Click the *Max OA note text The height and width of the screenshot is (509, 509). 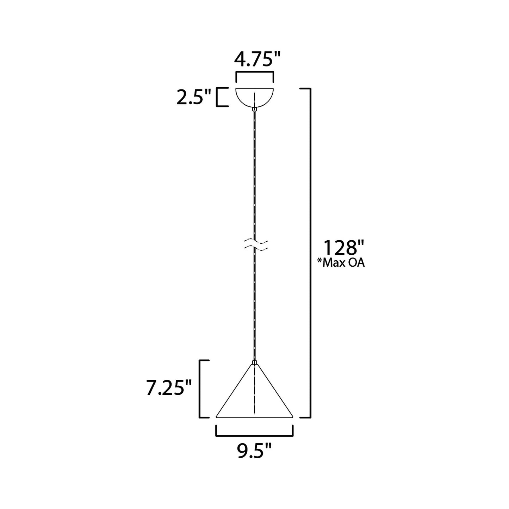click(x=341, y=263)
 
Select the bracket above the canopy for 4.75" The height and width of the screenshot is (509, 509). click(x=254, y=73)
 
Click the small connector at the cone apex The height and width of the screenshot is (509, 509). click(x=254, y=362)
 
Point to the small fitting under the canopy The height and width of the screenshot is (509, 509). click(x=254, y=110)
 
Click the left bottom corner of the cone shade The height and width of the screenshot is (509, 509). click(x=217, y=417)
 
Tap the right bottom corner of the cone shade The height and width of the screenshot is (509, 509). click(x=292, y=417)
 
